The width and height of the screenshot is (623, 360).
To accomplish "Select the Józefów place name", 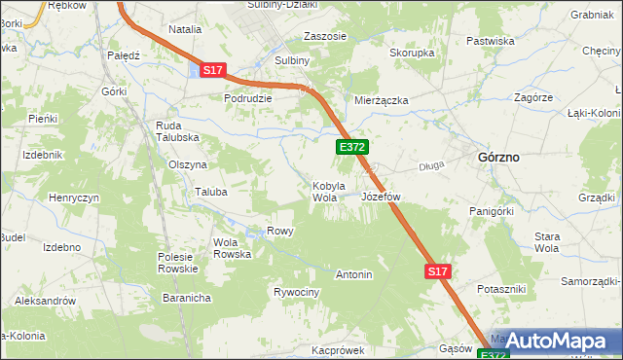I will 381,197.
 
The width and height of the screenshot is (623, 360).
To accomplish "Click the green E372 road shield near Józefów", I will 351,147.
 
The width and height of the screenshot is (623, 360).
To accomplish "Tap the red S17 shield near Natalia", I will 213,70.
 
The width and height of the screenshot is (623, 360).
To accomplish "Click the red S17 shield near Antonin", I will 438,273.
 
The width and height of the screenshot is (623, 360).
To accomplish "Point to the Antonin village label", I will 354,274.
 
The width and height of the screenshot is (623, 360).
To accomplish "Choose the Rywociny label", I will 296,292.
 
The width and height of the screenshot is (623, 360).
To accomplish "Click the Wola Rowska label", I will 232,248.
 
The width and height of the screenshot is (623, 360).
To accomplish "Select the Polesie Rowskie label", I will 178,263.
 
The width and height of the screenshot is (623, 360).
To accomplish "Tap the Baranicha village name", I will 187,298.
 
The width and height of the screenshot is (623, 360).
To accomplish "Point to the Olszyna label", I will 188,165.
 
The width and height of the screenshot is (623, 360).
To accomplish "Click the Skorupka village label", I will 412,53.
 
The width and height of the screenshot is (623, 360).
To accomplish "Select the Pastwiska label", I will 490,41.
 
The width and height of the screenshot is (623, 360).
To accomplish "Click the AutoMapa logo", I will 555,340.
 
